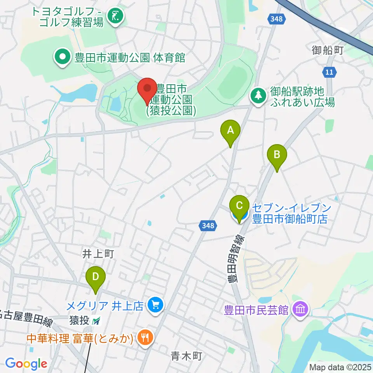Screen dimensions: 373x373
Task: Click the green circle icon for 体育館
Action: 62,58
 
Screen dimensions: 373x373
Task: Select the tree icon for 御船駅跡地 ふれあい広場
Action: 258,94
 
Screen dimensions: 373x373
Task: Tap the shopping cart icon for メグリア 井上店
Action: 155,304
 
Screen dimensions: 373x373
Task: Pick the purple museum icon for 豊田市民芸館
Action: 301,310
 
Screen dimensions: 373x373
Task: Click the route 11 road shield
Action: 329,71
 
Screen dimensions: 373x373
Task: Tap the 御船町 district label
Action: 328,50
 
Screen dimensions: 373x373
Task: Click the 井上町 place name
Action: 98,254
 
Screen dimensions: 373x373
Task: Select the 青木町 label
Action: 186,356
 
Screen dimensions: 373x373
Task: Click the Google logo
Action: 26,364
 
